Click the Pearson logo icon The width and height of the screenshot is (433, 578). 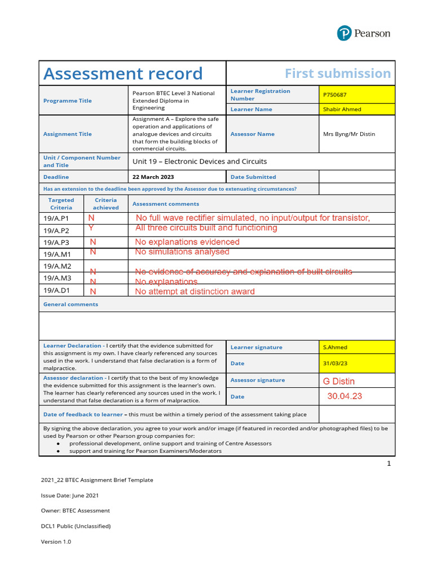pos(344,33)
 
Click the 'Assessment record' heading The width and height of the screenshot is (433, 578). pos(123,73)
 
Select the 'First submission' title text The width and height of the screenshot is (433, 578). pos(337,73)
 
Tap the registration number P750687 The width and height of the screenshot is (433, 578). pos(335,95)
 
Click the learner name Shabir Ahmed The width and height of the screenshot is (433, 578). pos(342,109)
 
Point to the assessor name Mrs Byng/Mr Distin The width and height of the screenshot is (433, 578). pos(348,134)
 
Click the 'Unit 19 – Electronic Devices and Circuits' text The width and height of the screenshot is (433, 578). pos(200,161)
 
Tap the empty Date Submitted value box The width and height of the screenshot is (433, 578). pos(357,177)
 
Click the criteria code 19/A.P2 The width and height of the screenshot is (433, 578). pos(56,230)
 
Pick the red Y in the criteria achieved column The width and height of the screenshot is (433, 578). pos(91,227)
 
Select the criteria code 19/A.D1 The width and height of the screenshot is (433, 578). pos(56,291)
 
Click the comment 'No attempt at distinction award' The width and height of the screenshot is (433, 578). pos(195,292)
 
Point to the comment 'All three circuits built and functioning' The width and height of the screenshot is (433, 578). pos(206,228)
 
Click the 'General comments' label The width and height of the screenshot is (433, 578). pos(70,304)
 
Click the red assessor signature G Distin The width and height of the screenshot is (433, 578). pos(339,382)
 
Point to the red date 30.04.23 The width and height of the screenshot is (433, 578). pos(344,396)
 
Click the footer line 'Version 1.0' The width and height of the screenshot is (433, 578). pos(56,541)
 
